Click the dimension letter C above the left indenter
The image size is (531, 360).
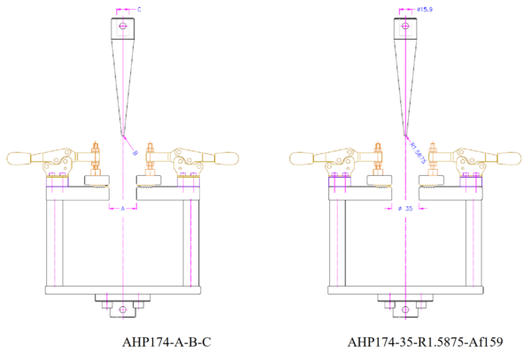point(140,9)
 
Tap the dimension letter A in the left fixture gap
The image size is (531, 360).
point(123,209)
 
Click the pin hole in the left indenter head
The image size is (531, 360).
point(122,26)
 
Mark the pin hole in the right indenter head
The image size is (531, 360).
point(405,26)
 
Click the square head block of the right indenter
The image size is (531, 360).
point(405,27)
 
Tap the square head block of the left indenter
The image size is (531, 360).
point(122,27)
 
